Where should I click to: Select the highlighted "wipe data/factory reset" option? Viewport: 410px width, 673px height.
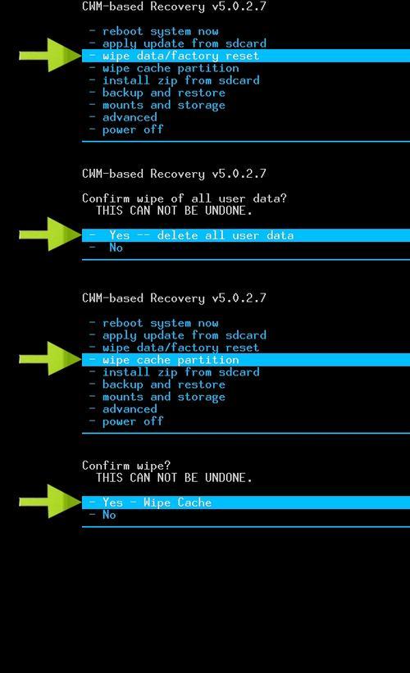point(180,56)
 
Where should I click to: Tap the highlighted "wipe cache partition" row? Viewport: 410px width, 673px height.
point(171,360)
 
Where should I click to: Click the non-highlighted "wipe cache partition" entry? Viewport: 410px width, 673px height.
point(171,68)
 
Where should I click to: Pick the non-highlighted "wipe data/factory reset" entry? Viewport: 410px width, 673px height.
point(180,348)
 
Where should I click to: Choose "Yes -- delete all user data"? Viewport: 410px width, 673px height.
point(202,235)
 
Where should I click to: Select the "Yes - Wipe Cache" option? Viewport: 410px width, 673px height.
point(157,502)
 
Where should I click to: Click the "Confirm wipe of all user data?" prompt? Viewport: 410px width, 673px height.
point(184,198)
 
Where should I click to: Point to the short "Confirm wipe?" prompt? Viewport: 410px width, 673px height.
point(126,466)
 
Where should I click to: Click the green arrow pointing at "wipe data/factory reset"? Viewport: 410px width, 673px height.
point(50,55)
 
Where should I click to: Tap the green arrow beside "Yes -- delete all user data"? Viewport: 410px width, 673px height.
point(50,234)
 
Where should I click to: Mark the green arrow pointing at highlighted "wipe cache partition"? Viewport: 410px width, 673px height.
point(50,358)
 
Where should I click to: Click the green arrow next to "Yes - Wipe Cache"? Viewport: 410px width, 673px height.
point(50,502)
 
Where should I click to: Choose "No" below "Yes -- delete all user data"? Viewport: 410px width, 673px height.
point(116,248)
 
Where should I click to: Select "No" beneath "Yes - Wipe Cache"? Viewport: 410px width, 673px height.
point(109,515)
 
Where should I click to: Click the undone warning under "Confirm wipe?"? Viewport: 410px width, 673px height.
point(174,478)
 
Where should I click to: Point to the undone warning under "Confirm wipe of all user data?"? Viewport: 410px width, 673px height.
point(174,211)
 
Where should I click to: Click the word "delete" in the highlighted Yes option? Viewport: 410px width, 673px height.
point(178,235)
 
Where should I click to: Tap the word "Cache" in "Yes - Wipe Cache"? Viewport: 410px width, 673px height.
point(194,502)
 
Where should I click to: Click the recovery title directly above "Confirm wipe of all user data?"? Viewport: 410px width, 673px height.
point(174,174)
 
